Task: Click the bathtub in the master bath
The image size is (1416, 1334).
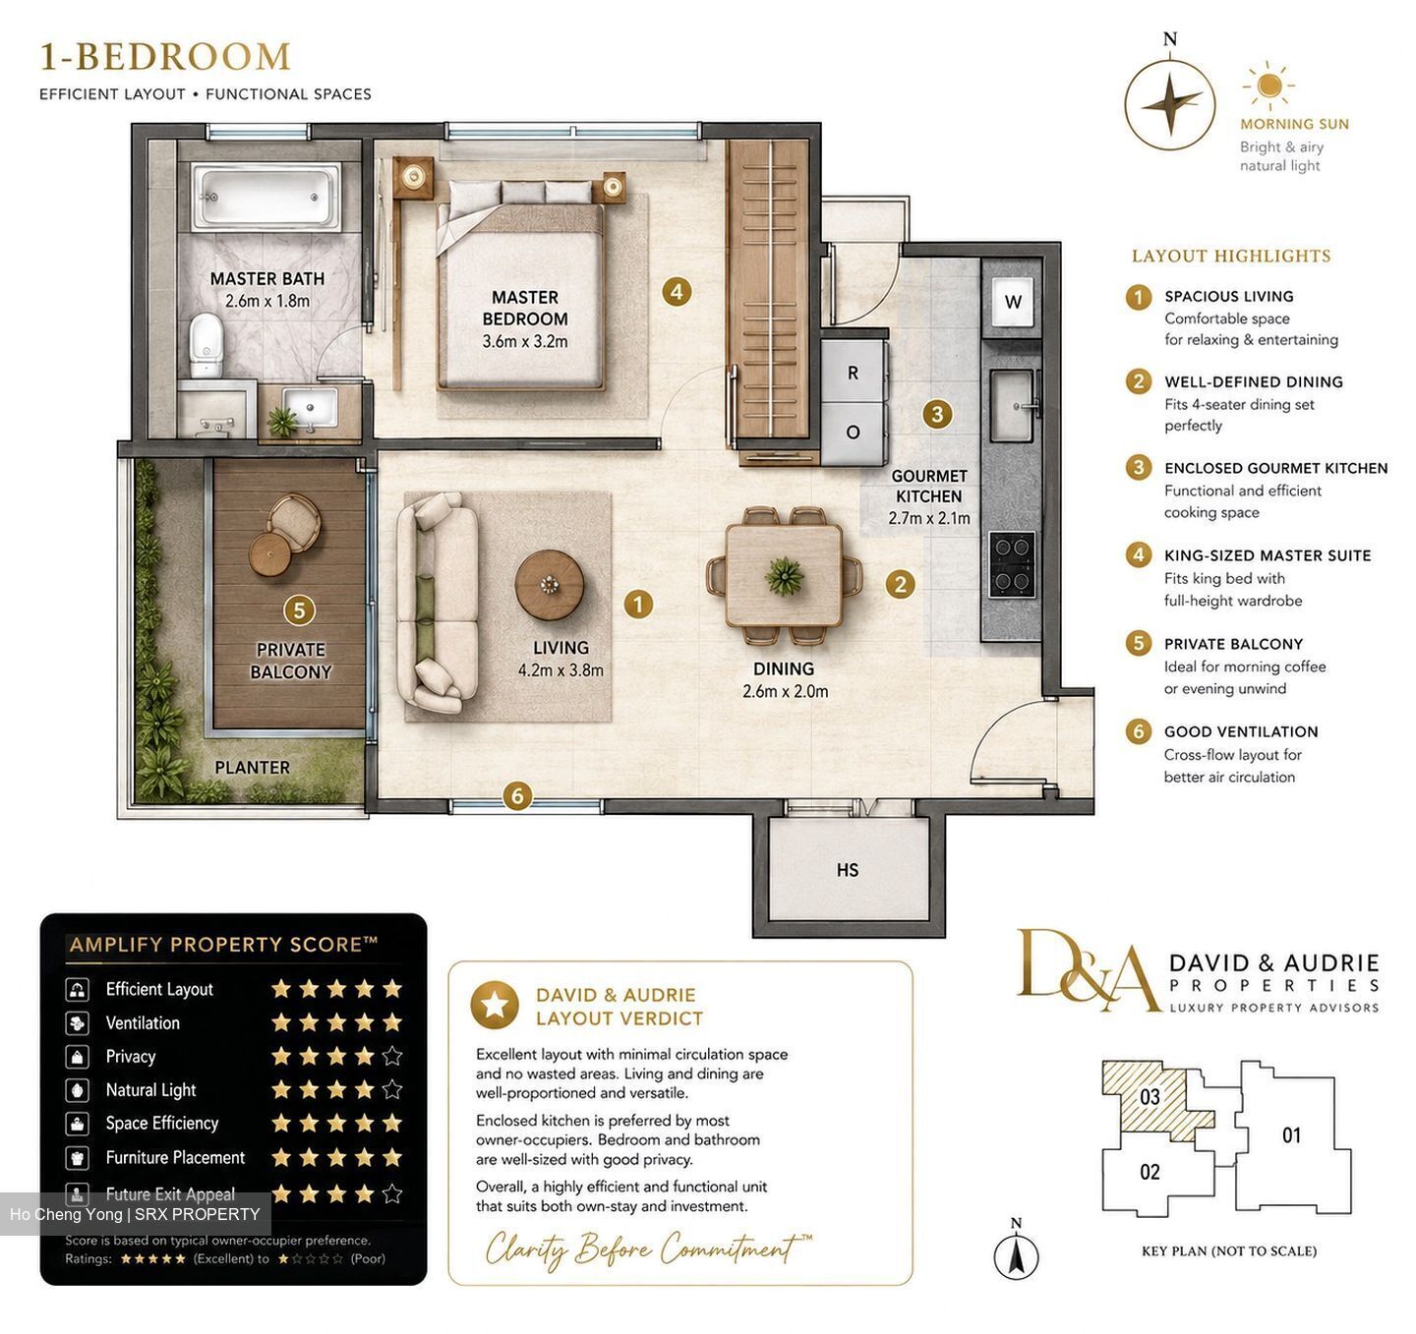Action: coord(265,197)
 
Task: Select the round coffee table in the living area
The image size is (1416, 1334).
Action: coord(549,585)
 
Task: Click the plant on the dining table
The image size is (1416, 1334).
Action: coord(785,575)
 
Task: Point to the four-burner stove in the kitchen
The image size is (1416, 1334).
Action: coord(1013,564)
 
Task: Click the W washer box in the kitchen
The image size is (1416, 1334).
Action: coord(1013,302)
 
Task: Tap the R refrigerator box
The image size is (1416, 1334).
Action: coord(853,373)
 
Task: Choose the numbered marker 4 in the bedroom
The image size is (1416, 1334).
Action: coord(676,291)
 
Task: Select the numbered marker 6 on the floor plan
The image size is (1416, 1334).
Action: coord(517,795)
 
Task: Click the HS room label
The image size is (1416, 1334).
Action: coord(848,870)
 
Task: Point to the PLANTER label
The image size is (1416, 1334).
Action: coord(253,767)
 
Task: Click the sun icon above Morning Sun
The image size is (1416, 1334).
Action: coord(1269,86)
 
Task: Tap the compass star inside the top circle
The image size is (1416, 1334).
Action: coord(1170,105)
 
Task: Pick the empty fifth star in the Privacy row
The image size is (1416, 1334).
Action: coord(392,1056)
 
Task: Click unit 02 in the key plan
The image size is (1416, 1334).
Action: coord(1150,1172)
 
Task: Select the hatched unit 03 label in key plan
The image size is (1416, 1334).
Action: coord(1150,1096)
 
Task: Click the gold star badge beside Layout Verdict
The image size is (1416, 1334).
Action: coord(494,1005)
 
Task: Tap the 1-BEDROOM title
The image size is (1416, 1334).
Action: coord(165,57)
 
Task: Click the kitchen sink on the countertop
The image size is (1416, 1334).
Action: coord(1013,406)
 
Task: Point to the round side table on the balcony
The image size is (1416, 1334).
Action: coord(269,554)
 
